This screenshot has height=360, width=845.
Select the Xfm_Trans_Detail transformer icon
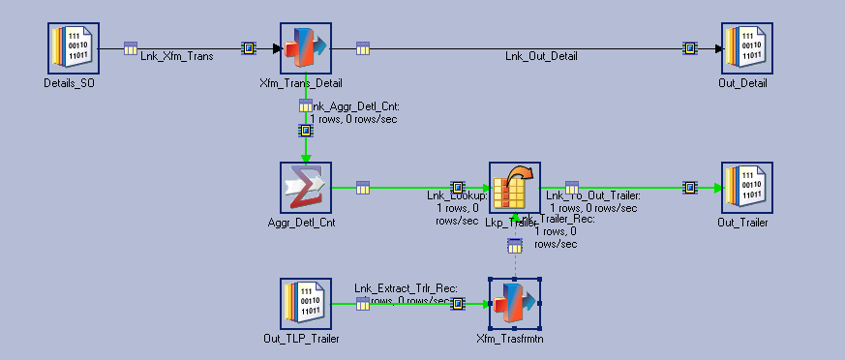306,47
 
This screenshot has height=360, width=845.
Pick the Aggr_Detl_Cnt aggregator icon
306,187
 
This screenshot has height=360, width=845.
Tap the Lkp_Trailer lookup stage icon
514,187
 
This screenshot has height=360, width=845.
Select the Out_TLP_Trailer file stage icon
306,303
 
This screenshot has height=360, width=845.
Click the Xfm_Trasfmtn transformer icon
514,303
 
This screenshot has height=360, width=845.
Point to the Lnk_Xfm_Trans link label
177,56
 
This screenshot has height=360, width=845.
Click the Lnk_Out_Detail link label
541,56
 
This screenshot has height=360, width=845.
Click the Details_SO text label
70,83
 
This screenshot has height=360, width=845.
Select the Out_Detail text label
742,83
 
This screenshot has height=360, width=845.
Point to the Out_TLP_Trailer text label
301,339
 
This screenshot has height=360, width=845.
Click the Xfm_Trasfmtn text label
510,339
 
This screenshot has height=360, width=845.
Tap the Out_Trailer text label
742,223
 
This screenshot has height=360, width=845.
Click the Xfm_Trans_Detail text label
306,83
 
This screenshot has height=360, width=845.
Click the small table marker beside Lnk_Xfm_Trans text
131,47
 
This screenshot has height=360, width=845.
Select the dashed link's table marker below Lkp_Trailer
515,247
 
